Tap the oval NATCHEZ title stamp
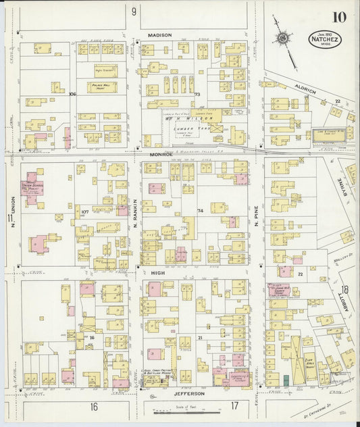click(326, 39)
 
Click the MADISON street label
click(160, 34)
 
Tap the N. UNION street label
click(11, 208)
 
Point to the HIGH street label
click(158, 272)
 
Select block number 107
click(84, 212)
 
